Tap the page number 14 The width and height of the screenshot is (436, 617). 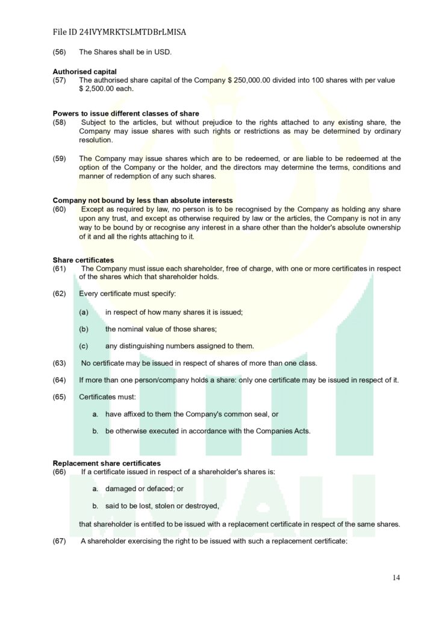[396, 578]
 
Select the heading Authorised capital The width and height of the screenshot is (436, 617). [84, 72]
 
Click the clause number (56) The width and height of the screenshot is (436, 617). [60, 52]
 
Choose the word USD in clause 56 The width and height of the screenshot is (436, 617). [163, 52]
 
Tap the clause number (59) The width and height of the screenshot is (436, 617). [60, 159]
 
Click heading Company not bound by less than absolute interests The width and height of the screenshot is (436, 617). [143, 200]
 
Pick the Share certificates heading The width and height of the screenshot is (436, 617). [83, 260]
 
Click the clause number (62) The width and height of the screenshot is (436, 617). [60, 294]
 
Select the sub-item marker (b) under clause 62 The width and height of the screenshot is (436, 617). [84, 329]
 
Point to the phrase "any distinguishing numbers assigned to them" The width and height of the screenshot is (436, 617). [179, 346]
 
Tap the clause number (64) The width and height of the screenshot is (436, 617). [60, 380]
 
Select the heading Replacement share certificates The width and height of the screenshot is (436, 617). [107, 463]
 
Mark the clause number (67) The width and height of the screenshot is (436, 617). [60, 541]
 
